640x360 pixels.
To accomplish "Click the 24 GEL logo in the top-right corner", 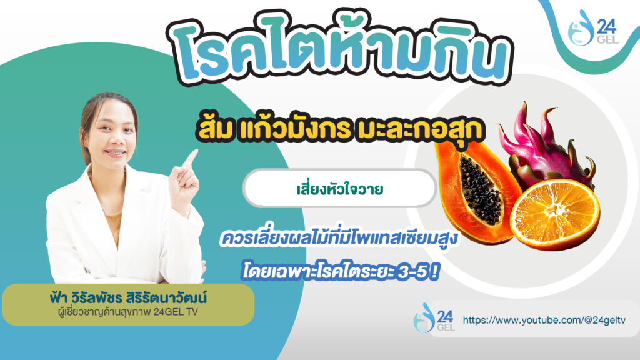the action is (593, 27).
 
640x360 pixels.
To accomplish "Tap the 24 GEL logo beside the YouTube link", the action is (434, 317).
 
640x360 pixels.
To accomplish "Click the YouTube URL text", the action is (544, 320).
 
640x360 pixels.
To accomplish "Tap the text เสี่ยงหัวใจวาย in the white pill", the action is (339, 189).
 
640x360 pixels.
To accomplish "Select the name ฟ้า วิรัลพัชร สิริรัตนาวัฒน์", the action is (128, 297).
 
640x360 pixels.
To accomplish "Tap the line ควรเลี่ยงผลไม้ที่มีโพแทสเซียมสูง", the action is (339, 239).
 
